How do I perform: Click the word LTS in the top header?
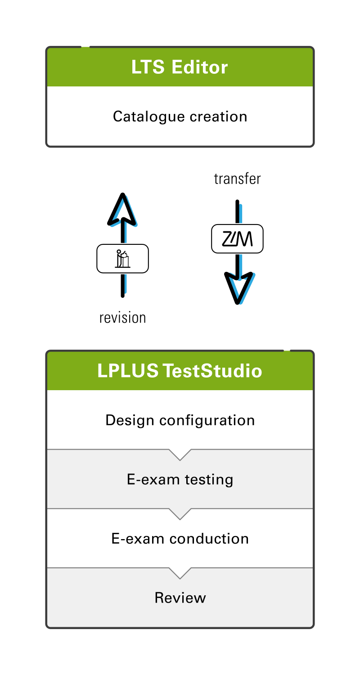[x=148, y=67]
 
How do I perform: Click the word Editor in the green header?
[x=200, y=67]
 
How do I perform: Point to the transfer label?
[x=237, y=179]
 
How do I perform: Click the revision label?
[x=122, y=318]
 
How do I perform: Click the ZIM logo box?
[x=237, y=239]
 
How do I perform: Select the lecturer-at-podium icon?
[x=122, y=259]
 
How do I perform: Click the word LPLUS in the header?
[x=128, y=371]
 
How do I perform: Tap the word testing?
[x=209, y=480]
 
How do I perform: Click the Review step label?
[x=180, y=598]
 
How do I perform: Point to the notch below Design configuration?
[x=180, y=454]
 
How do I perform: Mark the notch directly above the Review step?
[x=180, y=573]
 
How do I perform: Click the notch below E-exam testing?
[x=180, y=514]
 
